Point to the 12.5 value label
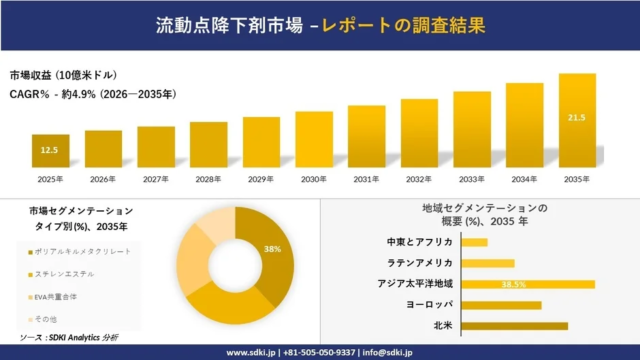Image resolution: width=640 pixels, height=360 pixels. (x=50, y=150)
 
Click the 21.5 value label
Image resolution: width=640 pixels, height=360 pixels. (x=577, y=118)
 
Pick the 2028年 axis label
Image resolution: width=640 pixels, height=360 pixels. (x=208, y=179)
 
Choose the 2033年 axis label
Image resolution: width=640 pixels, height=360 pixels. (x=472, y=179)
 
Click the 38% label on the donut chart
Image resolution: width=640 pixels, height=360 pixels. (x=272, y=248)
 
